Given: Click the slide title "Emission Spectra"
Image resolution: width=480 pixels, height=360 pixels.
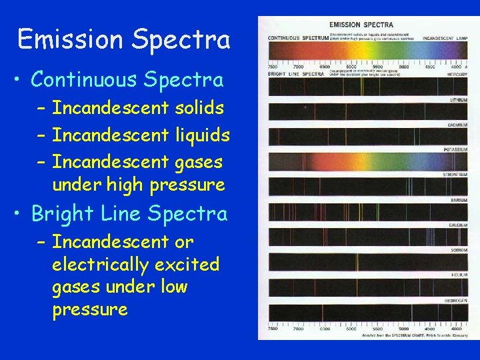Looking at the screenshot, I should pos(124,40).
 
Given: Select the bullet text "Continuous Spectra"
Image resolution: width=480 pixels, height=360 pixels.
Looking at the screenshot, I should pos(127,79).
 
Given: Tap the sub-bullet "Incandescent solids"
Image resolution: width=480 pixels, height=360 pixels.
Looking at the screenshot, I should pos(138,107).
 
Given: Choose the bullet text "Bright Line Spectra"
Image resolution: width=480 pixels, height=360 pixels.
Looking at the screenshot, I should pos(129,213).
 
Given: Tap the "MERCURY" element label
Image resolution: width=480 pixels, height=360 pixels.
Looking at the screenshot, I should pos(456,75).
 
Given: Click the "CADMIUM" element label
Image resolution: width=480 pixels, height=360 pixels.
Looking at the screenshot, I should pos(457,125).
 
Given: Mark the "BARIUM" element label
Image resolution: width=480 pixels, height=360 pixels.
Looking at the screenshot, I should pos(458,199).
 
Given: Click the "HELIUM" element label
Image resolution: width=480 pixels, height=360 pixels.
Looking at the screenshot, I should pos(458,275).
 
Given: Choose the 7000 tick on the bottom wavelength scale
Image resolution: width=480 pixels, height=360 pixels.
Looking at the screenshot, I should pos(297,329).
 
